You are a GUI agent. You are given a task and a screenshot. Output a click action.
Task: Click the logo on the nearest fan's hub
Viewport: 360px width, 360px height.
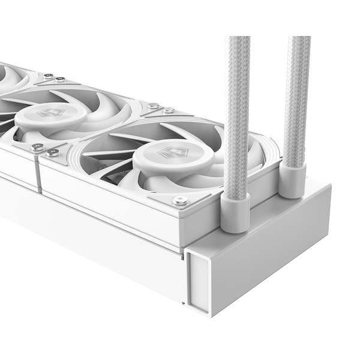[166, 153]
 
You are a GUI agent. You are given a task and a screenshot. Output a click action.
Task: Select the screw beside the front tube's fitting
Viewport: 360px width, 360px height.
[180, 200]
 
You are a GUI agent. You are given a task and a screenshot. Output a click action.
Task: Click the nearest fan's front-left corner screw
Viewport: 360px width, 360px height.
[53, 152]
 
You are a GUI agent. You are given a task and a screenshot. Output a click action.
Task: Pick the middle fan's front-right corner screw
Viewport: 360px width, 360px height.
[37, 146]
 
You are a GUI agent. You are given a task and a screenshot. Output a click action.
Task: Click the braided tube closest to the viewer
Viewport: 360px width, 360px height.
[236, 114]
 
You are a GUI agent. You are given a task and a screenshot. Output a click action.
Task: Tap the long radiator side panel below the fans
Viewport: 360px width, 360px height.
[90, 240]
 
